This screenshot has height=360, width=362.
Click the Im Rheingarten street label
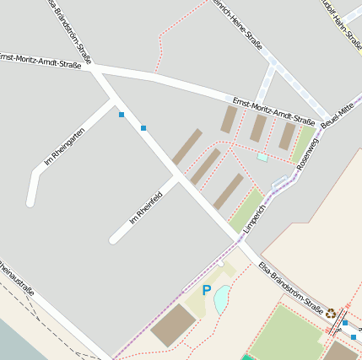click(x=64, y=144)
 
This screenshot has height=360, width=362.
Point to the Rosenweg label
click(x=309, y=148)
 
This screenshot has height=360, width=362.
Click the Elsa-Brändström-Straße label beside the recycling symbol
click(x=291, y=287)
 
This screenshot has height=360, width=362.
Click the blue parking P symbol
click(x=206, y=290)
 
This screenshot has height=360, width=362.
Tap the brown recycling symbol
click(x=332, y=312)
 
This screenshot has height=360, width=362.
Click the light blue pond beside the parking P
click(x=221, y=298)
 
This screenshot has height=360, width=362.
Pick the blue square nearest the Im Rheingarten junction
click(x=122, y=114)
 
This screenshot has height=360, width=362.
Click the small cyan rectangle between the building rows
click(x=262, y=157)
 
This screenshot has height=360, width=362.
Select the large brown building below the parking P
click(x=174, y=325)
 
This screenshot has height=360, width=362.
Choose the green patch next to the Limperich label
click(x=246, y=208)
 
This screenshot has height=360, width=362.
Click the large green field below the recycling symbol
click(x=286, y=334)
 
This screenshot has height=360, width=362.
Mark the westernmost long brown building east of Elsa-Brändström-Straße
click(x=187, y=147)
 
